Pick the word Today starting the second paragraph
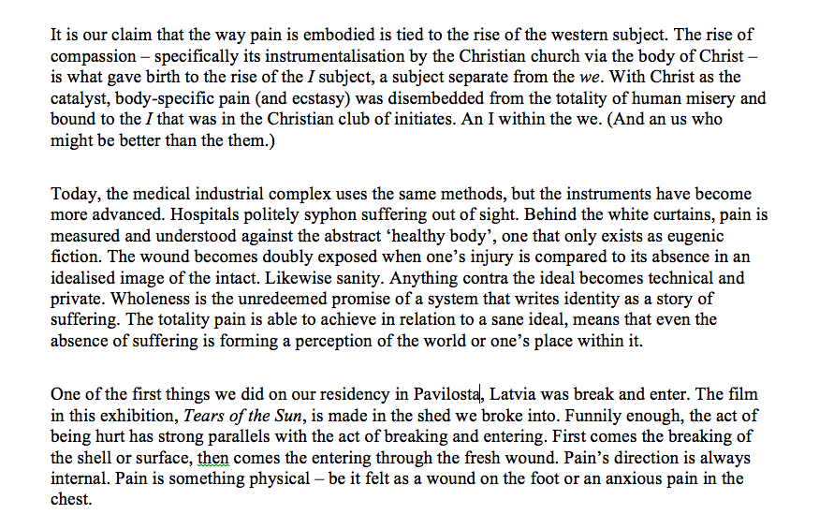74,193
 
